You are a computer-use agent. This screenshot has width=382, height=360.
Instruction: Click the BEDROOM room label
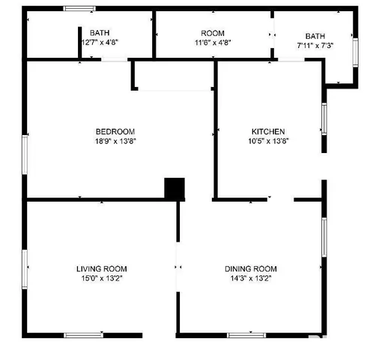(x=115, y=131)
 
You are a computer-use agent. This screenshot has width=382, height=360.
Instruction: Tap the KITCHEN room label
(x=268, y=131)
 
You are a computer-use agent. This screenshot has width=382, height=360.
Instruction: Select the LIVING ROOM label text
(x=101, y=268)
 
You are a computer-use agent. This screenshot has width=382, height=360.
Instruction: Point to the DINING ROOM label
(x=251, y=268)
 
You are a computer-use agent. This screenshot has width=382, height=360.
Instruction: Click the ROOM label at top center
(x=213, y=33)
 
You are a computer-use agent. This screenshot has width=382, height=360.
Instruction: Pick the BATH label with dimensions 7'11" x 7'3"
(x=315, y=36)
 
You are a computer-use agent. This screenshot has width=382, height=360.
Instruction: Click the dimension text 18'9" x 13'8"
(x=115, y=141)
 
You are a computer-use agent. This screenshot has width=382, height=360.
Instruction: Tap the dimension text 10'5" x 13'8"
(x=268, y=141)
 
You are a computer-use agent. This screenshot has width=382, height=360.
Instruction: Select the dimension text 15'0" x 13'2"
(x=101, y=278)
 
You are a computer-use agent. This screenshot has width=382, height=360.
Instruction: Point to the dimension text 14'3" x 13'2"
(x=251, y=278)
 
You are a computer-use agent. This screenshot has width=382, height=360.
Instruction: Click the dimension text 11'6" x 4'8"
(x=213, y=43)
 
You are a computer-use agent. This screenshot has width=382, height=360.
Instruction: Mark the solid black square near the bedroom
(x=175, y=188)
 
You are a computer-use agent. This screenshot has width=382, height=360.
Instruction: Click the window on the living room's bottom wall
(x=83, y=334)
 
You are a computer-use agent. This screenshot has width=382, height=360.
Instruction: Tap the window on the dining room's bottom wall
(x=246, y=334)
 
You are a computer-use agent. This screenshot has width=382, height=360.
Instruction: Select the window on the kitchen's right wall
(x=324, y=118)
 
